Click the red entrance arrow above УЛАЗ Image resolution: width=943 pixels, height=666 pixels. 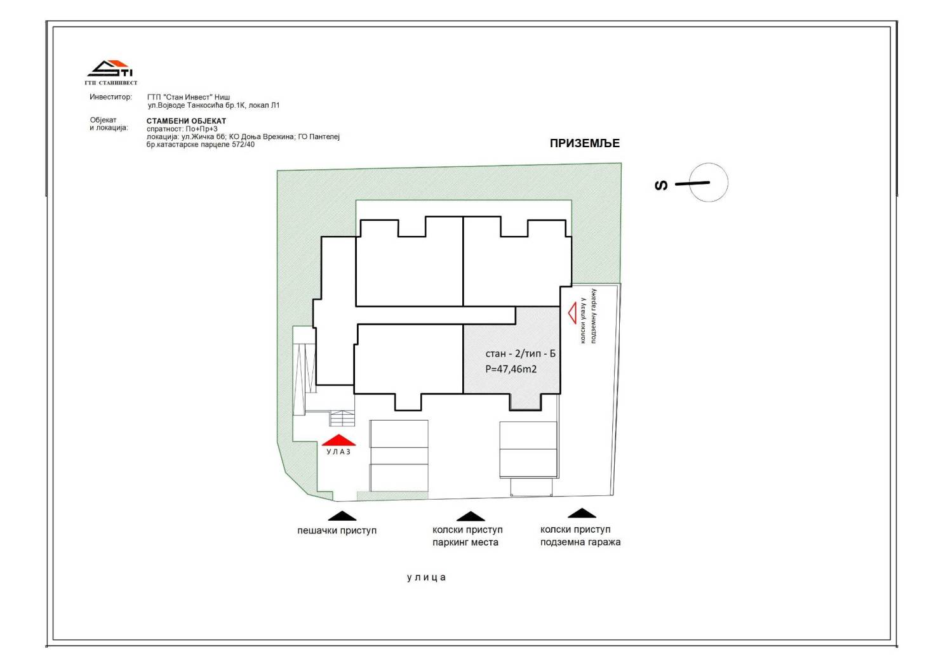point(338,440)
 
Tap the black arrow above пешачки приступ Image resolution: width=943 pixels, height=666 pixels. point(342,516)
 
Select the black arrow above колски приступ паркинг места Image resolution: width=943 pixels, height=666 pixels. point(471,516)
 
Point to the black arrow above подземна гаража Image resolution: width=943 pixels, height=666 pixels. point(582,513)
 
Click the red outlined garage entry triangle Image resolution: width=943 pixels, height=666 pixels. point(572,314)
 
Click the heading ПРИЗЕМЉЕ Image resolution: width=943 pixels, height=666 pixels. point(585,143)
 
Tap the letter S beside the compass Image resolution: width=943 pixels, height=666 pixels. point(661,185)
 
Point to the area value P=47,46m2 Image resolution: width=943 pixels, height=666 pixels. point(511,369)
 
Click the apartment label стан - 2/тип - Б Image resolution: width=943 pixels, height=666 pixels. point(520,353)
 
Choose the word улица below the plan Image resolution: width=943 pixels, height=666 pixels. point(426,577)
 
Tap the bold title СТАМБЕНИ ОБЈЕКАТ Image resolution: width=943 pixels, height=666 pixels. point(187,121)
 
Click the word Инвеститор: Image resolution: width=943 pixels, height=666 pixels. point(110,97)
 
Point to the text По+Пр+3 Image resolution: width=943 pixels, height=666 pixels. point(202,129)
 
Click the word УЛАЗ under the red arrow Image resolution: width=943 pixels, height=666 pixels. point(338,452)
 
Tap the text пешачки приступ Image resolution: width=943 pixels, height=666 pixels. point(337,531)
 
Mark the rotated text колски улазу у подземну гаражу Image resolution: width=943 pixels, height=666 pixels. point(588,316)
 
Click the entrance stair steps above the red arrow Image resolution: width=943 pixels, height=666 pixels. point(342,419)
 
